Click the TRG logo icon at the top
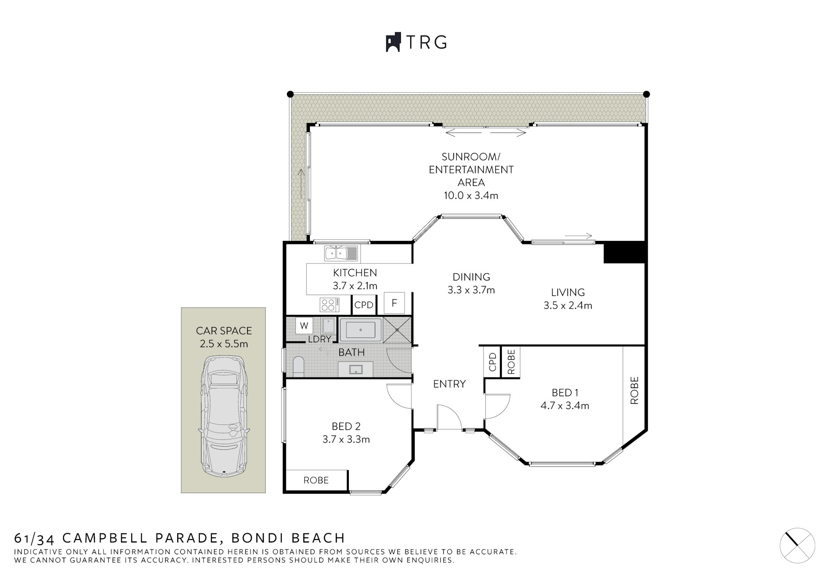pos(393,42)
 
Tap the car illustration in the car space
pos(224,416)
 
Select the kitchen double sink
pos(341,253)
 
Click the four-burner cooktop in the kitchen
pos(329,305)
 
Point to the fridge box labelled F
pos(394,303)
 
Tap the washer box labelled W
pos(304,326)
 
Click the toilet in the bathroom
pos(299,366)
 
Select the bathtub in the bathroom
pos(361,330)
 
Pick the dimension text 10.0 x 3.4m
pos(471,195)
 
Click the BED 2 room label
pos(346,426)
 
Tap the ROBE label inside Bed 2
pos(316,480)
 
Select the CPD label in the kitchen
pos(364,305)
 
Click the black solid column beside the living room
pos(624,253)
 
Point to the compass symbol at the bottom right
pos(797,546)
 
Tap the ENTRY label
pos(449,384)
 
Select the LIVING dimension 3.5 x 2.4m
pos(568,305)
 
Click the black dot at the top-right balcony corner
pos(646,94)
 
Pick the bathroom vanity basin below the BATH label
pos(356,369)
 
